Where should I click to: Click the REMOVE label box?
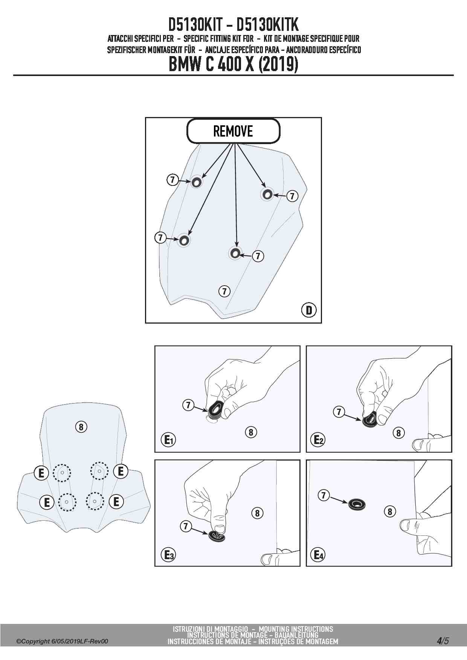pyautogui.click(x=233, y=131)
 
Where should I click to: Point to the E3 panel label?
pyautogui.click(x=168, y=555)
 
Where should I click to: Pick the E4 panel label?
pyautogui.click(x=319, y=555)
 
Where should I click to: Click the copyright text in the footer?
pyautogui.click(x=62, y=641)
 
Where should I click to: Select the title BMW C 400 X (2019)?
pyautogui.click(x=233, y=64)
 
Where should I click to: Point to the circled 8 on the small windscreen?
pyautogui.click(x=81, y=427)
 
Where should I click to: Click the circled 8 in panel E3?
pyautogui.click(x=257, y=513)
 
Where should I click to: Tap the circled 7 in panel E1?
pyautogui.click(x=188, y=405)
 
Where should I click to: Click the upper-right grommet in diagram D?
pyautogui.click(x=267, y=194)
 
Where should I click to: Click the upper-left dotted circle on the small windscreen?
pyautogui.click(x=62, y=472)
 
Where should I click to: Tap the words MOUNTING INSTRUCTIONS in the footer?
pyautogui.click(x=296, y=629)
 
